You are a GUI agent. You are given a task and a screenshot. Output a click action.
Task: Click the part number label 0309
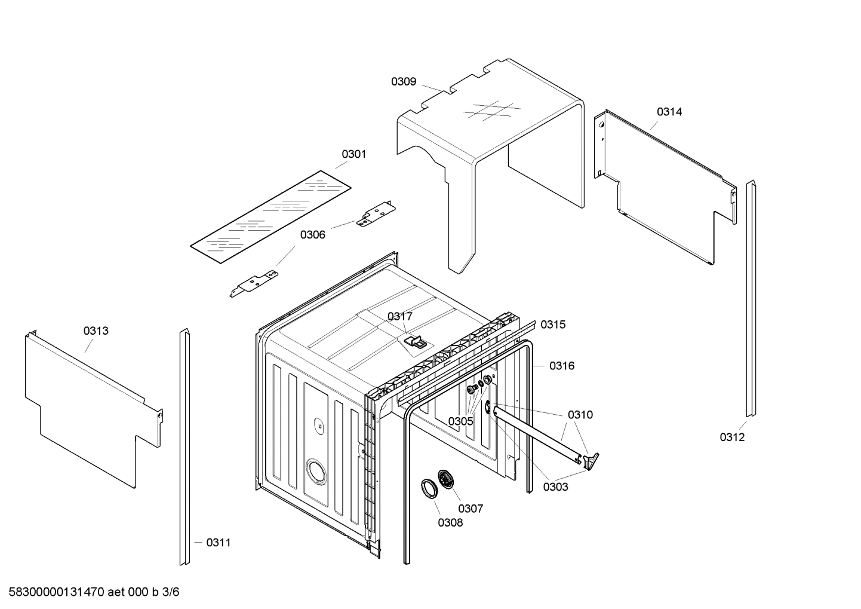[x=404, y=82]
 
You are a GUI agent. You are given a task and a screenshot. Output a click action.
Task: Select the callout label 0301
[x=353, y=154]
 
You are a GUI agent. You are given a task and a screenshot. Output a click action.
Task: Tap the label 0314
[x=669, y=112]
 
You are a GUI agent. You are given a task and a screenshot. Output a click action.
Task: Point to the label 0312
[x=732, y=437]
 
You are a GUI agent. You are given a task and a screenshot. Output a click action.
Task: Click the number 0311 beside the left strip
[x=218, y=543]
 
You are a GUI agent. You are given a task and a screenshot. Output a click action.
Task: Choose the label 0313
[x=96, y=330]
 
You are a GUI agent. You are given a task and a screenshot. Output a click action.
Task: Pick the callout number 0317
[x=399, y=316]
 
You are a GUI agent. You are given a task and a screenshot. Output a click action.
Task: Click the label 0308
[x=450, y=522]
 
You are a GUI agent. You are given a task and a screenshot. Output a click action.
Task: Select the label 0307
[x=471, y=509]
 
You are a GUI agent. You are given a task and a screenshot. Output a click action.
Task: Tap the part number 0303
[x=555, y=486]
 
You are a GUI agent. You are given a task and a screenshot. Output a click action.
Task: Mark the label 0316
[x=562, y=366]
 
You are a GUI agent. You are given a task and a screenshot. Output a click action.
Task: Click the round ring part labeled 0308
[x=429, y=488]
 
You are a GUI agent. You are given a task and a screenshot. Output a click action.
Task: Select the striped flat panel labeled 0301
[x=270, y=216]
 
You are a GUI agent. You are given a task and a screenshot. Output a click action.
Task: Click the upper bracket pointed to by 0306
[x=376, y=214]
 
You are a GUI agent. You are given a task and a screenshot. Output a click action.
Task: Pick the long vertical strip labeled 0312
[x=751, y=299]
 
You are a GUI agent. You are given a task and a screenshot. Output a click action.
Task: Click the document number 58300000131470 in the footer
[x=54, y=592]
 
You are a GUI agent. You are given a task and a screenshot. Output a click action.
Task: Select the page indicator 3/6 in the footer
[x=171, y=592]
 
